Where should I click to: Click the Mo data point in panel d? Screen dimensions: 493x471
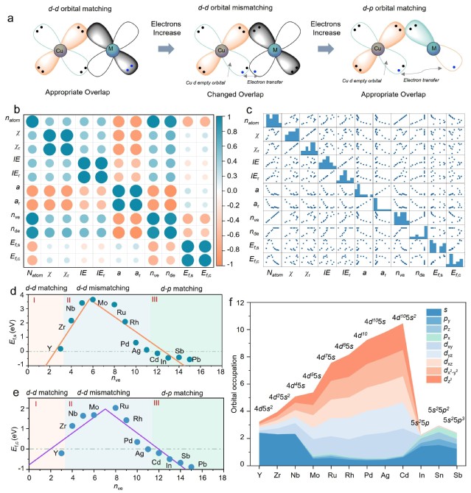point(92,299)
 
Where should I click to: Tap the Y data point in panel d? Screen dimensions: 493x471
point(60,348)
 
